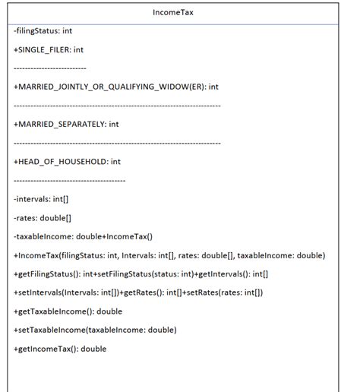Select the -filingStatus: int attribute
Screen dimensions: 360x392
pyautogui.click(x=43, y=31)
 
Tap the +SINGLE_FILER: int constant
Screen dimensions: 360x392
pyautogui.click(x=49, y=49)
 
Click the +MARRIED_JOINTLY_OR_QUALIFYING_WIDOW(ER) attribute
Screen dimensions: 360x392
pyautogui.click(x=116, y=87)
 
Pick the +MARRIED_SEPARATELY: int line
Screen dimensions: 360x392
pyautogui.click(x=66, y=124)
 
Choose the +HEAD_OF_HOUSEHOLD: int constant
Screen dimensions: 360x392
pyautogui.click(x=67, y=161)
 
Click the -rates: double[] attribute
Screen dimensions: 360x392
pyautogui.click(x=43, y=217)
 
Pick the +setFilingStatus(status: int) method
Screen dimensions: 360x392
pyautogui.click(x=148, y=273)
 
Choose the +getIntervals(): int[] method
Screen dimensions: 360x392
pyautogui.click(x=232, y=273)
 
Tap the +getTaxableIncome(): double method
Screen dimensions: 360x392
pyautogui.click(x=68, y=311)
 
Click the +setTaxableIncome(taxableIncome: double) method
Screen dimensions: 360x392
pyautogui.click(x=95, y=330)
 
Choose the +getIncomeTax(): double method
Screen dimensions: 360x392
pyautogui.click(x=60, y=349)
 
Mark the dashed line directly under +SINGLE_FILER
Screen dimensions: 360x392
pyautogui.click(x=50, y=68)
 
